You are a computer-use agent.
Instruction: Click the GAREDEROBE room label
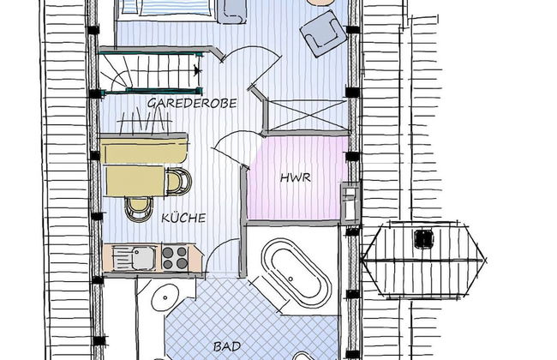pos(192,103)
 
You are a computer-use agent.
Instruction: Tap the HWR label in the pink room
pos(295,177)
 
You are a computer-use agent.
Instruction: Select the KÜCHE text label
pos(183,218)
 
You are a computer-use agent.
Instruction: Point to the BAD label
pos(227,346)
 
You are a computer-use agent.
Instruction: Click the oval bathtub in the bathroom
pos(296,273)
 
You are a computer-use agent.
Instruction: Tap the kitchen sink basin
pos(143,258)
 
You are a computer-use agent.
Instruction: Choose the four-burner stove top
pos(175,258)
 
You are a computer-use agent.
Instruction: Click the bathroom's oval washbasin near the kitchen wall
pos(165,297)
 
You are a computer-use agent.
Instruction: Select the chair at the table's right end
pos(179,181)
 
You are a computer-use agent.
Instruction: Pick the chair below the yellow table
pos(139,209)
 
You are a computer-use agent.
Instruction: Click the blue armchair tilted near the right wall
pos(324,33)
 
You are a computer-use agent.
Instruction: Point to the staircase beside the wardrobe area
pos(150,73)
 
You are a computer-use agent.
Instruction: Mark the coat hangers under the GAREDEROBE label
pos(144,123)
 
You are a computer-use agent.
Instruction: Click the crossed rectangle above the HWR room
pos(306,115)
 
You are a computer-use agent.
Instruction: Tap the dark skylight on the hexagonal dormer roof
pos(424,238)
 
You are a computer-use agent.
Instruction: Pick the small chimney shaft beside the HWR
pos(350,202)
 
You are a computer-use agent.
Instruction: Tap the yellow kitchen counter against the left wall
pos(143,149)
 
